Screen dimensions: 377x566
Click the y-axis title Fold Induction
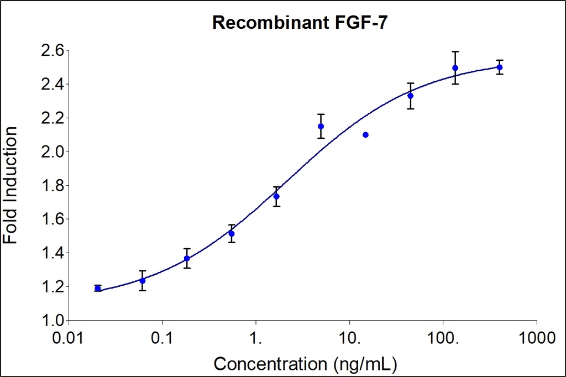(x=10, y=185)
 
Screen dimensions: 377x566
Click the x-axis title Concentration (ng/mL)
(x=305, y=364)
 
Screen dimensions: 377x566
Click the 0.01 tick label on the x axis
(x=68, y=336)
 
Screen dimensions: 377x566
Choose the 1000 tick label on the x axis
(x=536, y=336)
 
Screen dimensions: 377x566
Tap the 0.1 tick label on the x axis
(x=162, y=336)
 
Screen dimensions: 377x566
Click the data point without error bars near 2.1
(x=365, y=135)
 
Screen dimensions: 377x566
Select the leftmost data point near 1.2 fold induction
(x=98, y=288)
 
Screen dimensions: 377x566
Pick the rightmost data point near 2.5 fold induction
(x=500, y=67)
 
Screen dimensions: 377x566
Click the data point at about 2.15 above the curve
(x=321, y=126)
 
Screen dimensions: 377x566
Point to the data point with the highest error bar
(x=455, y=68)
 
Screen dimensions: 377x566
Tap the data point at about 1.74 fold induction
(x=276, y=196)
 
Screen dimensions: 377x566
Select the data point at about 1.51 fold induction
(x=232, y=233)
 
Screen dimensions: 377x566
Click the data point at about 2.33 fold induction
(x=411, y=96)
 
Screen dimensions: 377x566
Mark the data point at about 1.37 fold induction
(x=187, y=258)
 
